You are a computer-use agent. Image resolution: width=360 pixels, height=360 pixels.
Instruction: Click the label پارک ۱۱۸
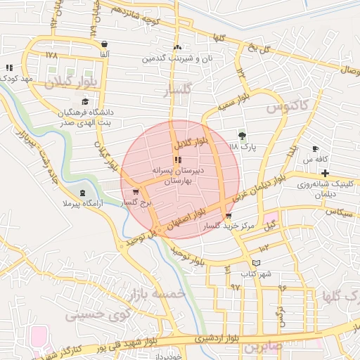[243, 146]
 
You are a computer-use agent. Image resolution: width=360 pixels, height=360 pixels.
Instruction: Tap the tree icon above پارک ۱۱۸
[243, 135]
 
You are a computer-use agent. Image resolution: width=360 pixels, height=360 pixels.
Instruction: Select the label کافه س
[316, 160]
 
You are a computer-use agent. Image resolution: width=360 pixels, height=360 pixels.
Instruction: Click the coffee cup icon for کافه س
[316, 149]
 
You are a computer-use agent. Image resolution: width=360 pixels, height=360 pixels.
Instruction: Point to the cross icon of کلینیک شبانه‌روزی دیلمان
[325, 173]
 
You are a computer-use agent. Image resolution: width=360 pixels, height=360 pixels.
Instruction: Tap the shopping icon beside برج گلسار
[135, 191]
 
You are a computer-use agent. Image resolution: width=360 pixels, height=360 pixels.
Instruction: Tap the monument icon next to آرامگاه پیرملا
[83, 193]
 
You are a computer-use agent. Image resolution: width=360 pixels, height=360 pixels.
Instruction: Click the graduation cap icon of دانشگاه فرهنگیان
[84, 103]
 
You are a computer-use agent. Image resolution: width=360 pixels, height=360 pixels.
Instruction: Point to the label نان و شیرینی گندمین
[178, 58]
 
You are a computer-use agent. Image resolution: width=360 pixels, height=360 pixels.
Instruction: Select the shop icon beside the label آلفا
[104, 43]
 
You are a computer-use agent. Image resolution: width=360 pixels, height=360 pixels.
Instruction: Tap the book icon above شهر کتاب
[256, 262]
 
